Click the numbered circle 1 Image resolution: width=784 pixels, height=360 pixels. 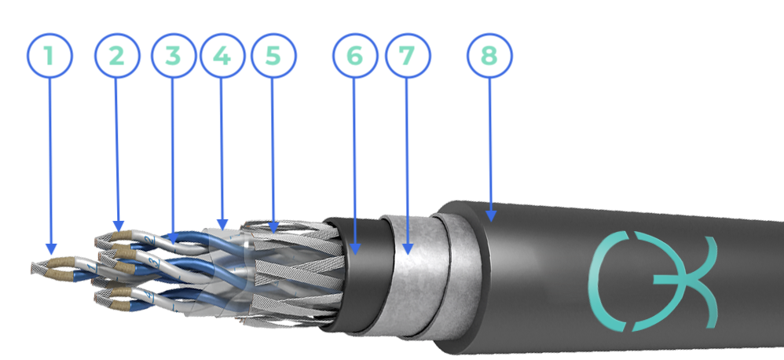coord(49,56)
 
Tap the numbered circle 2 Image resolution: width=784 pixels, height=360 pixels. coord(117,56)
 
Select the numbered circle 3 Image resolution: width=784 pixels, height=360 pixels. coord(174,56)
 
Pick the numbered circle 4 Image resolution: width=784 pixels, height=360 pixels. coord(222,56)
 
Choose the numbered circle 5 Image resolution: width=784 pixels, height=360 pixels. coord(273,56)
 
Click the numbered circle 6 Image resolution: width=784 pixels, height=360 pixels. coord(355,56)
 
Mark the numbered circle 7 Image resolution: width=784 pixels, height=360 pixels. coord(408,56)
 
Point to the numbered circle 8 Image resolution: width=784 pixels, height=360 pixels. coord(489,56)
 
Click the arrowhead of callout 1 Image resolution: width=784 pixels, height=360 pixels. coord(51,249)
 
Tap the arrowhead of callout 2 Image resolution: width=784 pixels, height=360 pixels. coord(119,226)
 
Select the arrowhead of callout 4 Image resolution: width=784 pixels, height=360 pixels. coord(222,225)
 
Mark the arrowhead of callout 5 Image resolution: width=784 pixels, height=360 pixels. coord(273,227)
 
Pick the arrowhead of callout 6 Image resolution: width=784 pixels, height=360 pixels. coord(355,248)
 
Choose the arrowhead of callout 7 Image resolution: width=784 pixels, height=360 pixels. coord(408,248)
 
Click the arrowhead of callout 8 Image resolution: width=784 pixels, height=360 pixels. coord(491,215)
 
